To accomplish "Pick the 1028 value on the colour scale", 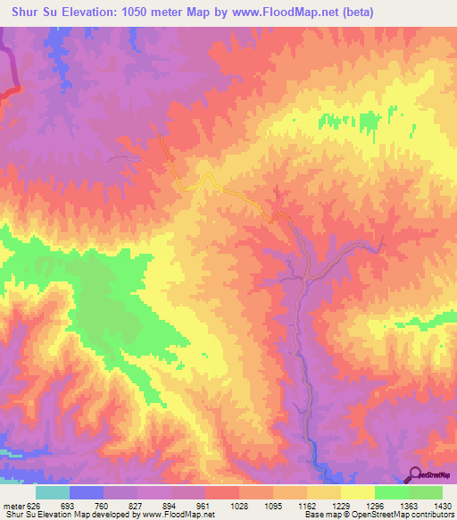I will tap(240, 505).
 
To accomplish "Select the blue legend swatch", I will tap(87, 492).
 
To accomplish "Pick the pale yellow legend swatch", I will tap(357, 492).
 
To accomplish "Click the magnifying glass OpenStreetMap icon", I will tap(416, 474).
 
